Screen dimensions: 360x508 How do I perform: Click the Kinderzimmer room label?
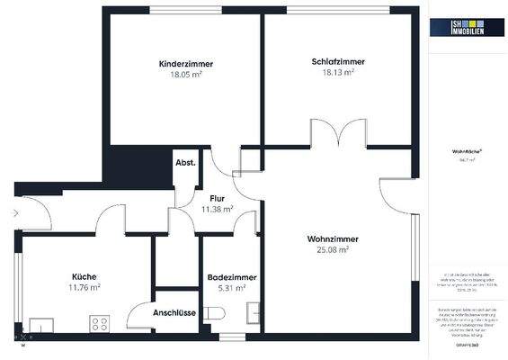[186, 64]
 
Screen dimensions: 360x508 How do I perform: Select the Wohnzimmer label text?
[333, 238]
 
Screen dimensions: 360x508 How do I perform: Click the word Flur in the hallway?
[217, 197]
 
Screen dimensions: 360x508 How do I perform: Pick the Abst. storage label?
[186, 163]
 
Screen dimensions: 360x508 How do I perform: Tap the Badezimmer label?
[231, 278]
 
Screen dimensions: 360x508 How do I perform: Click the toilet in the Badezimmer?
[214, 313]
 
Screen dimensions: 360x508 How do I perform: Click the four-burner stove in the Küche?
[97, 323]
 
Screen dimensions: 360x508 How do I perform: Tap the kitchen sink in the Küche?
[41, 324]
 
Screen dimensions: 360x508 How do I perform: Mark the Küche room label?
[85, 276]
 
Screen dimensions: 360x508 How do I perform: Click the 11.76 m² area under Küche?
[85, 287]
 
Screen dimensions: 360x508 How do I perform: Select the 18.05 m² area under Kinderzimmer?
[186, 76]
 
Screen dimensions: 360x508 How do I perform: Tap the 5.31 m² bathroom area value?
[231, 289]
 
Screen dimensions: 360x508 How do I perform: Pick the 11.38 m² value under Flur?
[217, 208]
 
